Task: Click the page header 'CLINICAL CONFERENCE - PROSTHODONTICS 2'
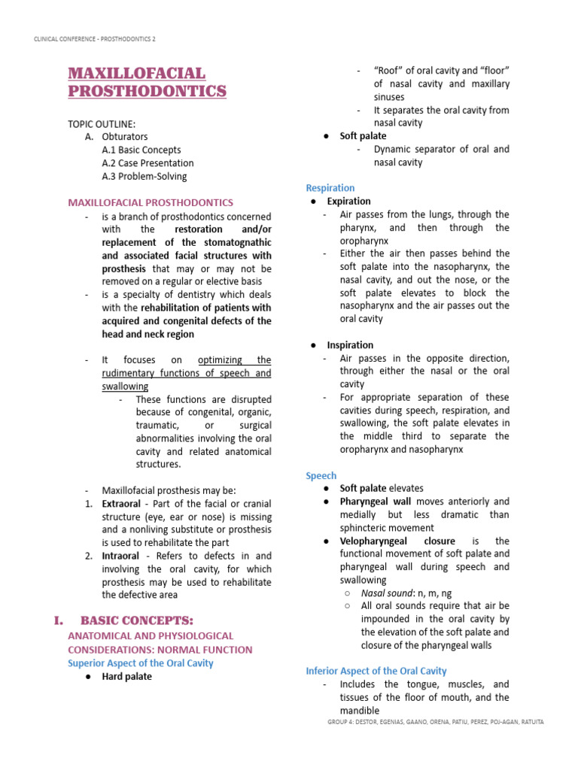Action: tap(96, 38)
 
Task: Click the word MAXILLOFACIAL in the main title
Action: tap(136, 74)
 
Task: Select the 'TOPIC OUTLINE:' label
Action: tap(102, 123)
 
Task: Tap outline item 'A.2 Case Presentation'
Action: tap(148, 162)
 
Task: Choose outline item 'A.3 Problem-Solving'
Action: tap(144, 176)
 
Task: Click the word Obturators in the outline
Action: tap(125, 137)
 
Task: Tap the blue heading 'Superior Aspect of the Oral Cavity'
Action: tap(141, 662)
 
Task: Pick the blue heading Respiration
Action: tap(330, 188)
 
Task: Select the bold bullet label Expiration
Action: tap(348, 202)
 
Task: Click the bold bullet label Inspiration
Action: tap(349, 345)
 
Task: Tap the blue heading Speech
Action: tap(321, 475)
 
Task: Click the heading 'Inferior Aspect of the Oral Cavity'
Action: tap(376, 671)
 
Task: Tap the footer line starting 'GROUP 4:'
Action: tap(436, 722)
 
